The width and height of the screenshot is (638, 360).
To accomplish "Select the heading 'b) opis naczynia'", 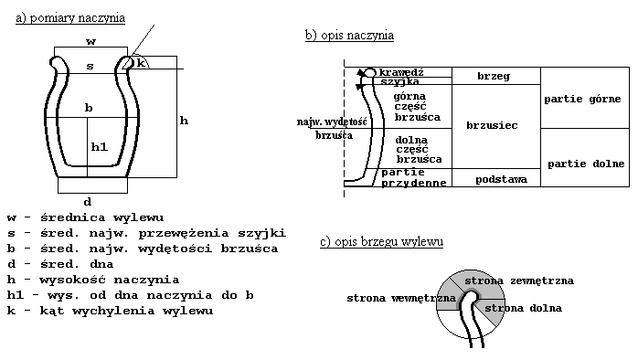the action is tap(349, 36).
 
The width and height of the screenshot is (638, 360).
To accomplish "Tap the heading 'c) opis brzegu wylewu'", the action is tap(381, 242).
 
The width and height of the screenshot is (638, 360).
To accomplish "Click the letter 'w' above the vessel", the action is tap(90, 42).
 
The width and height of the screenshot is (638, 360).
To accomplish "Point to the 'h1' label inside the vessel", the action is tap(99, 146).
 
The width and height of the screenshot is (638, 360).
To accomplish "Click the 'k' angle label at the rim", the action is tap(142, 61).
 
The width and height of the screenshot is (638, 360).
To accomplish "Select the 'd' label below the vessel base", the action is tap(87, 201).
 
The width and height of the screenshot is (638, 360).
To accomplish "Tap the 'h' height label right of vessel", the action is tap(183, 121).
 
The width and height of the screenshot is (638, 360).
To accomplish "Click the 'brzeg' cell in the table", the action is tap(494, 77).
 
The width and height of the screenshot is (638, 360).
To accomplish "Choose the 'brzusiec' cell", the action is tap(494, 124).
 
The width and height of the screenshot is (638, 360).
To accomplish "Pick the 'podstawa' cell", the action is tap(501, 180).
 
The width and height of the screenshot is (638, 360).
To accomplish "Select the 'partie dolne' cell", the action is tap(585, 164).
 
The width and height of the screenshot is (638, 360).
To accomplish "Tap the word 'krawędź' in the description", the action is tap(402, 71).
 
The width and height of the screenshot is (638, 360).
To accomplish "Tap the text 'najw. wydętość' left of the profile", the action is tap(331, 122).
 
